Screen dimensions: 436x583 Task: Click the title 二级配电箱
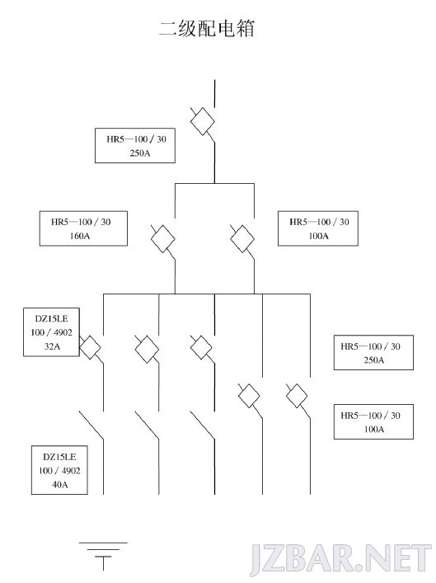207,29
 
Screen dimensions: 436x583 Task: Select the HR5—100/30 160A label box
83,228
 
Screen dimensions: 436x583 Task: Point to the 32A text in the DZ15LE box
52,346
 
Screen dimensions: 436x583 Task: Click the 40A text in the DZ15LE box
60,485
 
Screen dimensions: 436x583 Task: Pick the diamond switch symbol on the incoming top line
203,121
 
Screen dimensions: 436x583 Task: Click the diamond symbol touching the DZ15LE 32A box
90,347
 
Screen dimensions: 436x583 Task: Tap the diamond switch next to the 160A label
163,238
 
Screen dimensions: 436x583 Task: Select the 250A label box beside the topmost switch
135,145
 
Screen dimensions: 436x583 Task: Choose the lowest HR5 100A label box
373,421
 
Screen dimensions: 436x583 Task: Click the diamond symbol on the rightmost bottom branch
297,395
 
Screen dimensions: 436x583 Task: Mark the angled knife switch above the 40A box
91,425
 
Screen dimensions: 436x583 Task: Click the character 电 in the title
226,29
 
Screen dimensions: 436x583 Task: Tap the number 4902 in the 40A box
71,471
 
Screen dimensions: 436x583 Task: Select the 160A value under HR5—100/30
80,236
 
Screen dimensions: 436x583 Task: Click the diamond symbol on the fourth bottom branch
249,395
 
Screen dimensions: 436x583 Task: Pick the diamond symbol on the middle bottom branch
201,347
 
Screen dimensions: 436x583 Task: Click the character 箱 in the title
245,29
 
